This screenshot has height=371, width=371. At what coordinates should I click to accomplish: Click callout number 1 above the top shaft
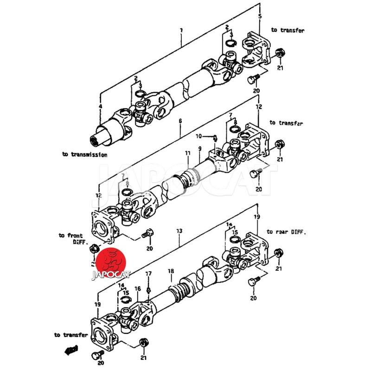click(181, 30)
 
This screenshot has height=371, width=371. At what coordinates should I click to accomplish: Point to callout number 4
click(100, 107)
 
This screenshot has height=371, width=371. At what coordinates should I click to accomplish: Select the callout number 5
click(260, 17)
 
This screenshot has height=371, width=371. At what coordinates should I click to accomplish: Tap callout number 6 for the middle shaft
click(180, 121)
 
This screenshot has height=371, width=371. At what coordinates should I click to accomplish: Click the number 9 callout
click(199, 149)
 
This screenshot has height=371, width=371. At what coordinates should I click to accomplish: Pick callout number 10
click(198, 136)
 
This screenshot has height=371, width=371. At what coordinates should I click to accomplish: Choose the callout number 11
click(188, 153)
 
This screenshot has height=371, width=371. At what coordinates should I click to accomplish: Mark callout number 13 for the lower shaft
click(179, 230)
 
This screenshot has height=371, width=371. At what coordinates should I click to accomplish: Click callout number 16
click(138, 289)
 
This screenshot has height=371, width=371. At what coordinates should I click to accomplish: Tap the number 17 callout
click(148, 274)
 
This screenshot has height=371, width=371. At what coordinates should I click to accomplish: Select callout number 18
click(171, 271)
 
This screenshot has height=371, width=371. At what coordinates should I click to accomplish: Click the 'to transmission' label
click(84, 154)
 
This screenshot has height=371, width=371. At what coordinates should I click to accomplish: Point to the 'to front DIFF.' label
click(70, 239)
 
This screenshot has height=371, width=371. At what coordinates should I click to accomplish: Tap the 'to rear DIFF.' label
click(286, 231)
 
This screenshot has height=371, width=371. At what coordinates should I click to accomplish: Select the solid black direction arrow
click(72, 351)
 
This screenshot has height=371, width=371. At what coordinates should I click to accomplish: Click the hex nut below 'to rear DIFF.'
click(278, 253)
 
